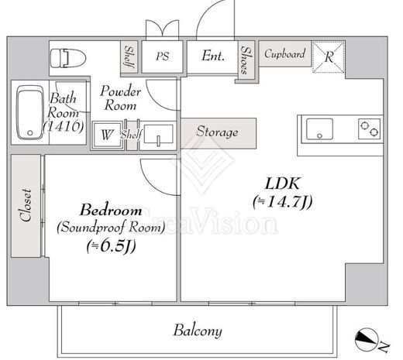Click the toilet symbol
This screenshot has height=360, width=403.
coord(68,58)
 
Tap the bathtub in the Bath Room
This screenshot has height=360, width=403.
coord(30,112)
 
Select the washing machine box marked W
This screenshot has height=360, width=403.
coord(107,135)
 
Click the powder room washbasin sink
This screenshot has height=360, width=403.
coord(158,134)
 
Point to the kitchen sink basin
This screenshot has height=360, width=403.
coord(319,129)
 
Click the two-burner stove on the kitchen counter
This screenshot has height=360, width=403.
coord(369,129)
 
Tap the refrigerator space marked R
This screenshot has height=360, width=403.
coord(329,57)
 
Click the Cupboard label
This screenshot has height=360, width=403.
coord(284,53)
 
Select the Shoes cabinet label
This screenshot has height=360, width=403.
coord(245,60)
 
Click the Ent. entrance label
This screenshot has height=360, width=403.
coord(213,56)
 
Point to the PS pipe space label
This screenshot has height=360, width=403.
coord(162,57)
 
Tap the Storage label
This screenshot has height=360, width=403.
coord(217,132)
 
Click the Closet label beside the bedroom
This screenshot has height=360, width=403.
coord(26,205)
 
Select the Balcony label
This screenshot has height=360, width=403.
coord(198,331)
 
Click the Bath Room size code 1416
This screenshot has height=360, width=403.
coord(64,126)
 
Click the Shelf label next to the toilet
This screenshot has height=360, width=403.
coord(129,57)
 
